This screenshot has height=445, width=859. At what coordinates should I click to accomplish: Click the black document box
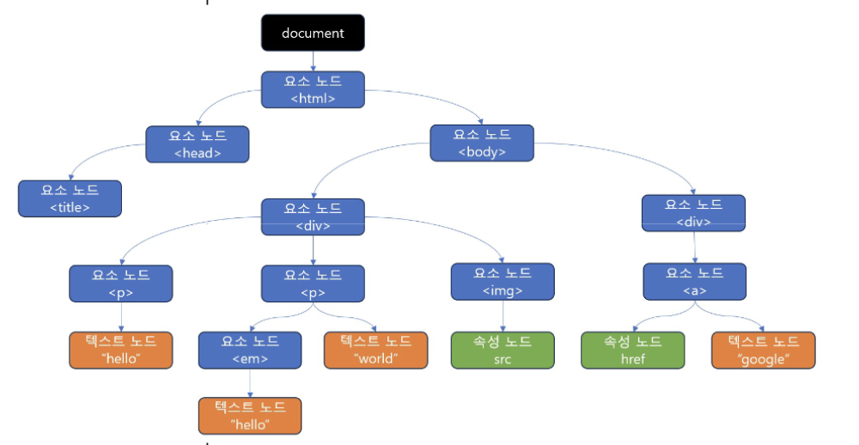[x=313, y=33]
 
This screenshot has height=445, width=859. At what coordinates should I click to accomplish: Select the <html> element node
[x=313, y=89]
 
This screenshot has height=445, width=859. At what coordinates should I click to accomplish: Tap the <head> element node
[x=198, y=144]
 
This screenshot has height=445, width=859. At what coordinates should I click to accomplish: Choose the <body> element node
[x=482, y=143]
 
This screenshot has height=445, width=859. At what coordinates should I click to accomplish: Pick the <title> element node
[x=70, y=198]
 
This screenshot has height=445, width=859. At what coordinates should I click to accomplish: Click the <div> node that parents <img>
[x=313, y=217]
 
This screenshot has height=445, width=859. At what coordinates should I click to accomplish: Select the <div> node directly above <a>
[x=693, y=213]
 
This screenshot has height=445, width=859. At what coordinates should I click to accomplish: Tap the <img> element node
[x=503, y=282]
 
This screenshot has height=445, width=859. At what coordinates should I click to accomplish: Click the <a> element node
[x=695, y=282]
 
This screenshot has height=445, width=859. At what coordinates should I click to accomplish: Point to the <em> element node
[x=250, y=351]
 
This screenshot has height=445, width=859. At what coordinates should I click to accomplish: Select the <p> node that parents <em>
[x=313, y=283]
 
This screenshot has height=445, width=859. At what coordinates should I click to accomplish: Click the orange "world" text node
[x=376, y=351]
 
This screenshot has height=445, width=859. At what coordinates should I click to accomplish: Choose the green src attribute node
[x=503, y=351]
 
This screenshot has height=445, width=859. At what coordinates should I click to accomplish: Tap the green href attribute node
[x=633, y=351]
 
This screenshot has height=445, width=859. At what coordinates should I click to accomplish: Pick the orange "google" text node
[x=763, y=351]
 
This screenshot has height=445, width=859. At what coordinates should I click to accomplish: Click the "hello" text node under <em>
[x=250, y=416]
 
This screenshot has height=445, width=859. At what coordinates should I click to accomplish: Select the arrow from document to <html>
[x=313, y=61]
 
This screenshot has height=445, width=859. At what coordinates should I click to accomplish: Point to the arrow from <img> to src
[x=503, y=316]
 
